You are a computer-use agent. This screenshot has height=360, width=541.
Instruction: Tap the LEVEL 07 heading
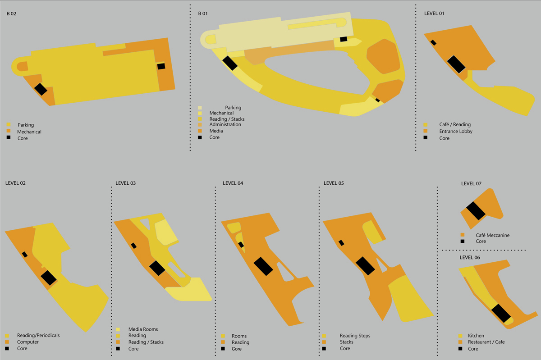471,184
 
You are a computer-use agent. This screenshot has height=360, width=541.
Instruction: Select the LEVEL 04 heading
233,183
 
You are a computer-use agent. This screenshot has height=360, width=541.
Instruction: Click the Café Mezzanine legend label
492,235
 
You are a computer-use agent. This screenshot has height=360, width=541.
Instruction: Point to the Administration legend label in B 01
225,124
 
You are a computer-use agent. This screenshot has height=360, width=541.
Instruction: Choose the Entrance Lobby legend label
456,132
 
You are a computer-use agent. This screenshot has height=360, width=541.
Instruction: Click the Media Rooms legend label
143,329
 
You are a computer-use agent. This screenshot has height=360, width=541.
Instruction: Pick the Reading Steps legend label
355,336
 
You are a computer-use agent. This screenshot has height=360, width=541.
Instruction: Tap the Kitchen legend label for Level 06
476,336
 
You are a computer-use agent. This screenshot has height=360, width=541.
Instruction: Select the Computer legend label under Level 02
28,342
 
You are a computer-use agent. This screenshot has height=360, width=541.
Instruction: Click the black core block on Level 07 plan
476,211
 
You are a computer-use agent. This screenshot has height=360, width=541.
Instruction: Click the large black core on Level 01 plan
456,64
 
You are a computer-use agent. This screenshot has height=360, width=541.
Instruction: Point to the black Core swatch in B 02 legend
9,138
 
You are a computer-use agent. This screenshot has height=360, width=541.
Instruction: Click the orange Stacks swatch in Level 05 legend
324,342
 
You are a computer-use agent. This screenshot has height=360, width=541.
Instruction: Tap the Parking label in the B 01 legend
233,108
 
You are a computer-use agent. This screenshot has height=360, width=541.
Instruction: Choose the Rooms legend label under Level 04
239,336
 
